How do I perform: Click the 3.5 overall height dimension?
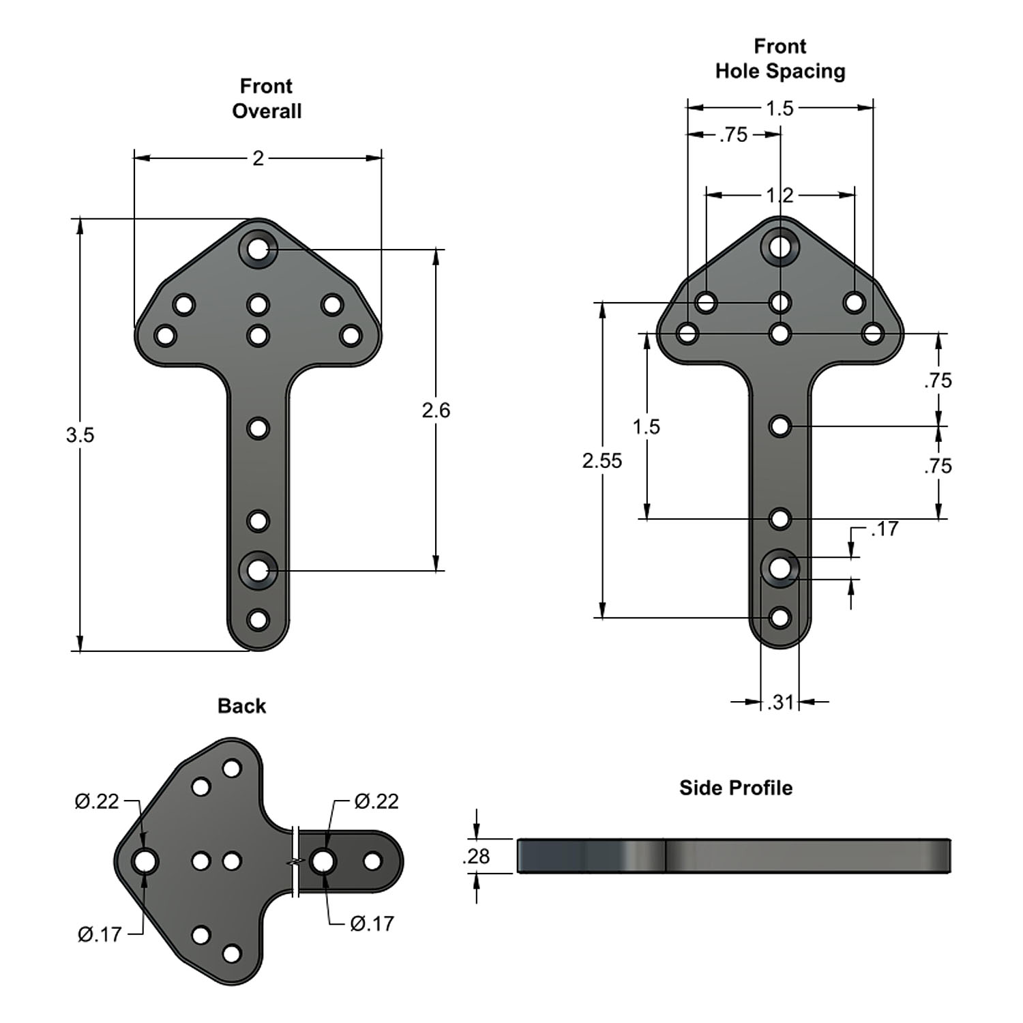click(x=80, y=434)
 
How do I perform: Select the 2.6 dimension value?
click(x=436, y=410)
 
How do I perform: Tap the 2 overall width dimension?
click(x=258, y=158)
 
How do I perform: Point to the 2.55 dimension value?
click(x=602, y=461)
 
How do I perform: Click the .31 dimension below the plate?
click(x=780, y=702)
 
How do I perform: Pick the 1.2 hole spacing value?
click(x=780, y=196)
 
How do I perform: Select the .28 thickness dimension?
click(x=476, y=856)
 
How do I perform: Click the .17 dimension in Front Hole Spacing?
click(x=885, y=529)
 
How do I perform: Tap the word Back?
click(x=241, y=706)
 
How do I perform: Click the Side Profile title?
click(x=736, y=788)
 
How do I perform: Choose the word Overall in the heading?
click(x=267, y=111)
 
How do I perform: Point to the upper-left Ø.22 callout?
click(x=97, y=801)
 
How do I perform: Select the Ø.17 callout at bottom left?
click(x=100, y=934)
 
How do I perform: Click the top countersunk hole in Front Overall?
click(x=258, y=250)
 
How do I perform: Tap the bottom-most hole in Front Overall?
click(x=258, y=621)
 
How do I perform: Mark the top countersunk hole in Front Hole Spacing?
click(x=780, y=246)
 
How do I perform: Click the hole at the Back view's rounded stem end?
click(x=372, y=861)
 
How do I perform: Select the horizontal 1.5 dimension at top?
click(x=780, y=108)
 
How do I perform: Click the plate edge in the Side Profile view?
click(x=733, y=856)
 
